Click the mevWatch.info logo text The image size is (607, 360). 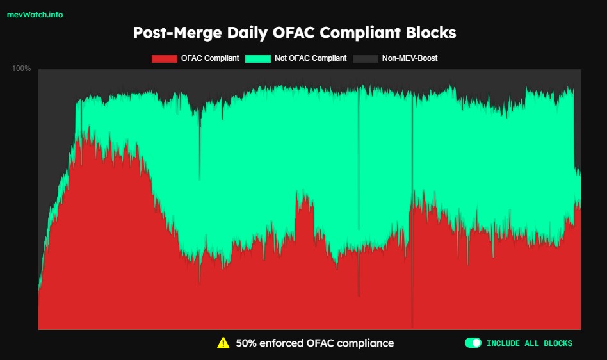tap(35, 15)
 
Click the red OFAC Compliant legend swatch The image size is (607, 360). tap(164, 59)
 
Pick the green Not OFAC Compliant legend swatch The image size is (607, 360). tap(258, 59)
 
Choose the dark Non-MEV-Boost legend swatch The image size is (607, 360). tap(366, 59)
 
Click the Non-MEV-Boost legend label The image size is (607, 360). tap(410, 58)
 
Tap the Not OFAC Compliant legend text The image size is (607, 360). tap(311, 58)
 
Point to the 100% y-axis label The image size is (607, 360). tap(22, 69)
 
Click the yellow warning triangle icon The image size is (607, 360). tap(223, 343)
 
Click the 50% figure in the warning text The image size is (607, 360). tap(247, 343)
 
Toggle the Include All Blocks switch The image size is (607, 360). tap(473, 343)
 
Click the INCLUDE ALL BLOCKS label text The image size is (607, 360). tap(530, 343)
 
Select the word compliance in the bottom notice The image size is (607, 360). tap(365, 343)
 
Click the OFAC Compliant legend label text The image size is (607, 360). tap(210, 58)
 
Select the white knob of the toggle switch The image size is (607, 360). tap(476, 343)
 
